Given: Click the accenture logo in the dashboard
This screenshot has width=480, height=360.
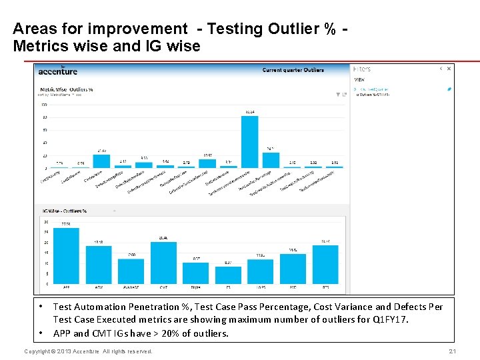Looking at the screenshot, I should click(58, 71).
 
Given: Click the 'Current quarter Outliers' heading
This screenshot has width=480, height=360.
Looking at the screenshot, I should click(293, 70).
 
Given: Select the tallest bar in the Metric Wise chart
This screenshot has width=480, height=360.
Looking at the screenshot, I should click(249, 141).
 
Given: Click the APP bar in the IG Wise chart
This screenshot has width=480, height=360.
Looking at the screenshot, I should click(66, 256).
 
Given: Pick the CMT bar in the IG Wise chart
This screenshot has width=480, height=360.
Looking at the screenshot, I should click(163, 263).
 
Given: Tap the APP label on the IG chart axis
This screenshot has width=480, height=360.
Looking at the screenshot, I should click(66, 287).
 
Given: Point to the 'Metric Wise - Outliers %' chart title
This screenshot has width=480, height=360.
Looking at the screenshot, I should click(67, 89).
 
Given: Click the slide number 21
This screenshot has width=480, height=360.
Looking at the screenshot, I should click(451, 351).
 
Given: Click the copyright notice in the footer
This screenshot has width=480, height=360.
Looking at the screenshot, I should click(88, 351).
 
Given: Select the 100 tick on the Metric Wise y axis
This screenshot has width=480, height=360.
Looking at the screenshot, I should click(44, 105).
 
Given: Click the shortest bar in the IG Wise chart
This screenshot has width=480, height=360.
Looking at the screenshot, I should click(228, 275).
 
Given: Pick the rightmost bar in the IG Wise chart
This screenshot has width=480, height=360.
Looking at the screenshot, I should click(325, 264).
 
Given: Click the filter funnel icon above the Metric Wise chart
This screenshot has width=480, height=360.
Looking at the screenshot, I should click(338, 95).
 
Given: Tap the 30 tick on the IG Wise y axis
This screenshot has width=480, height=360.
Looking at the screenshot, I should click(45, 222).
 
